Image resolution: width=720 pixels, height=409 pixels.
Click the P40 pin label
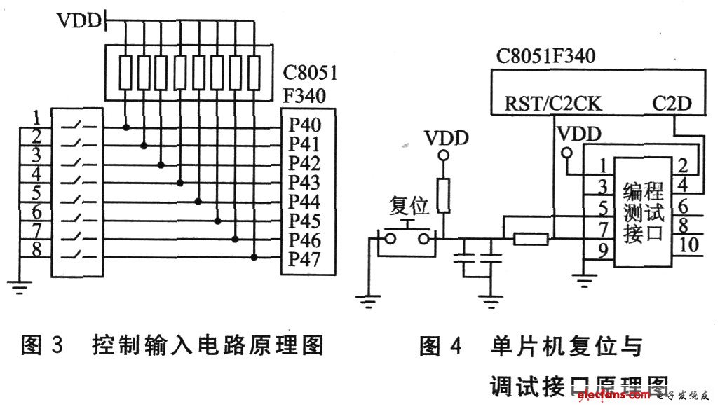304,126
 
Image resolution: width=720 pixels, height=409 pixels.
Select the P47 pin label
304,260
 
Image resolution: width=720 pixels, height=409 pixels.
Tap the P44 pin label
304,202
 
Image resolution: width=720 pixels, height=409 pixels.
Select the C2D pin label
672,104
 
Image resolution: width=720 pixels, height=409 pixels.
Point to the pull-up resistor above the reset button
442,195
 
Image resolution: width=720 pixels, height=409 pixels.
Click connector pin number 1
601,167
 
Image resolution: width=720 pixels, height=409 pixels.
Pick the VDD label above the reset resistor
446,138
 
